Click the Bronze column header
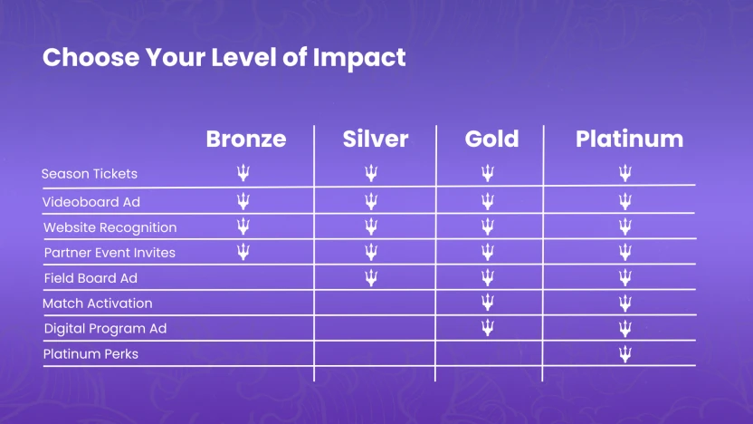click(245, 139)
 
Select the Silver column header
click(375, 139)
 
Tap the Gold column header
click(491, 139)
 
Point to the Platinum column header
click(629, 139)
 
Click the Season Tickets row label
click(90, 173)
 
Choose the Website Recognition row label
click(110, 227)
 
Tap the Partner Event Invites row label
click(110, 253)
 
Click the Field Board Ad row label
click(91, 278)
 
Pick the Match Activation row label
click(98, 304)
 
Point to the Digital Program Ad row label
click(105, 329)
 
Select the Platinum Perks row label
click(91, 354)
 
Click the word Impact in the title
click(358, 57)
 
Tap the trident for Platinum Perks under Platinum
click(624, 353)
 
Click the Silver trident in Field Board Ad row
click(371, 277)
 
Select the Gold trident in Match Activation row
click(488, 303)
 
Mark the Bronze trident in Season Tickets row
click(243, 173)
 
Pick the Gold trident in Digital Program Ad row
click(488, 328)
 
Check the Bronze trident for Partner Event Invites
click(243, 252)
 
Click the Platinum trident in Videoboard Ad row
click(624, 200)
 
